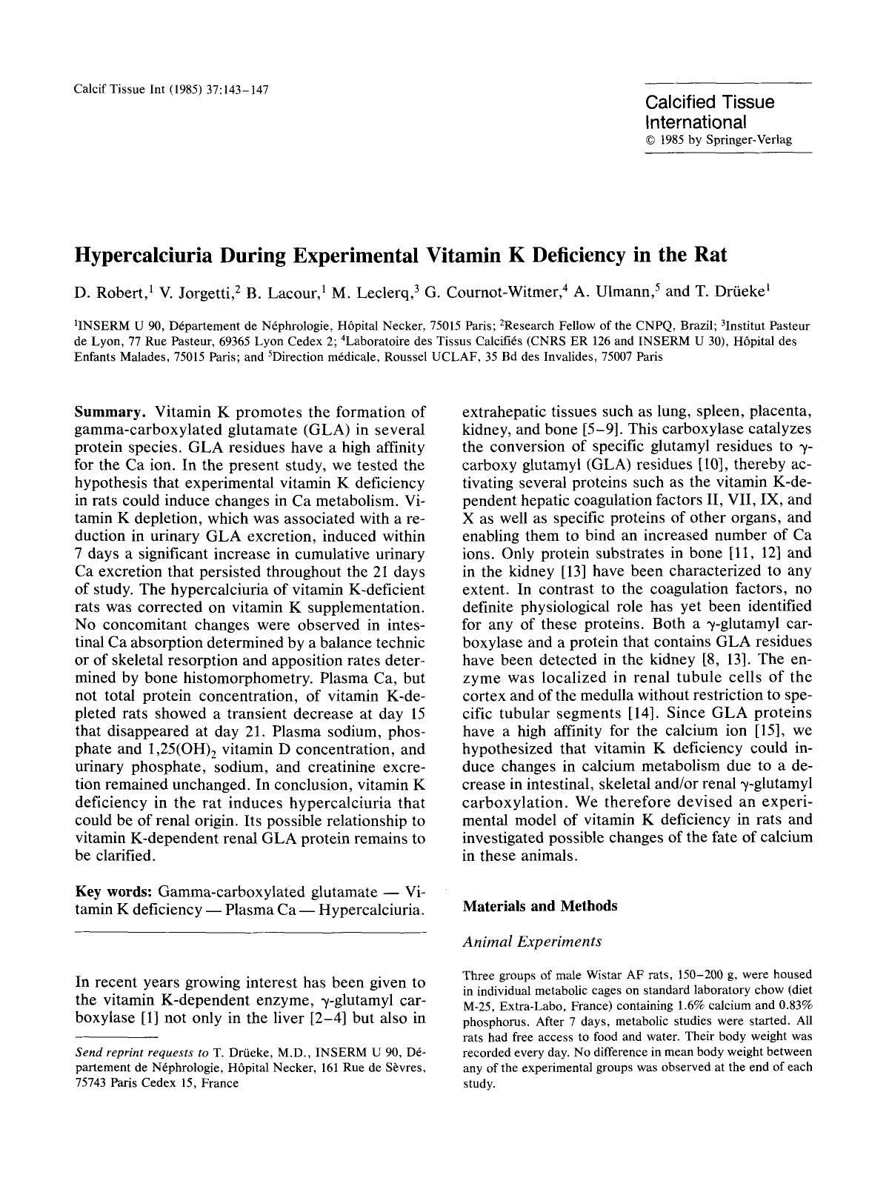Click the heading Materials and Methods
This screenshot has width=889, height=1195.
(539, 906)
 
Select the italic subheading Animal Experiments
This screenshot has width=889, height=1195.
(532, 942)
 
